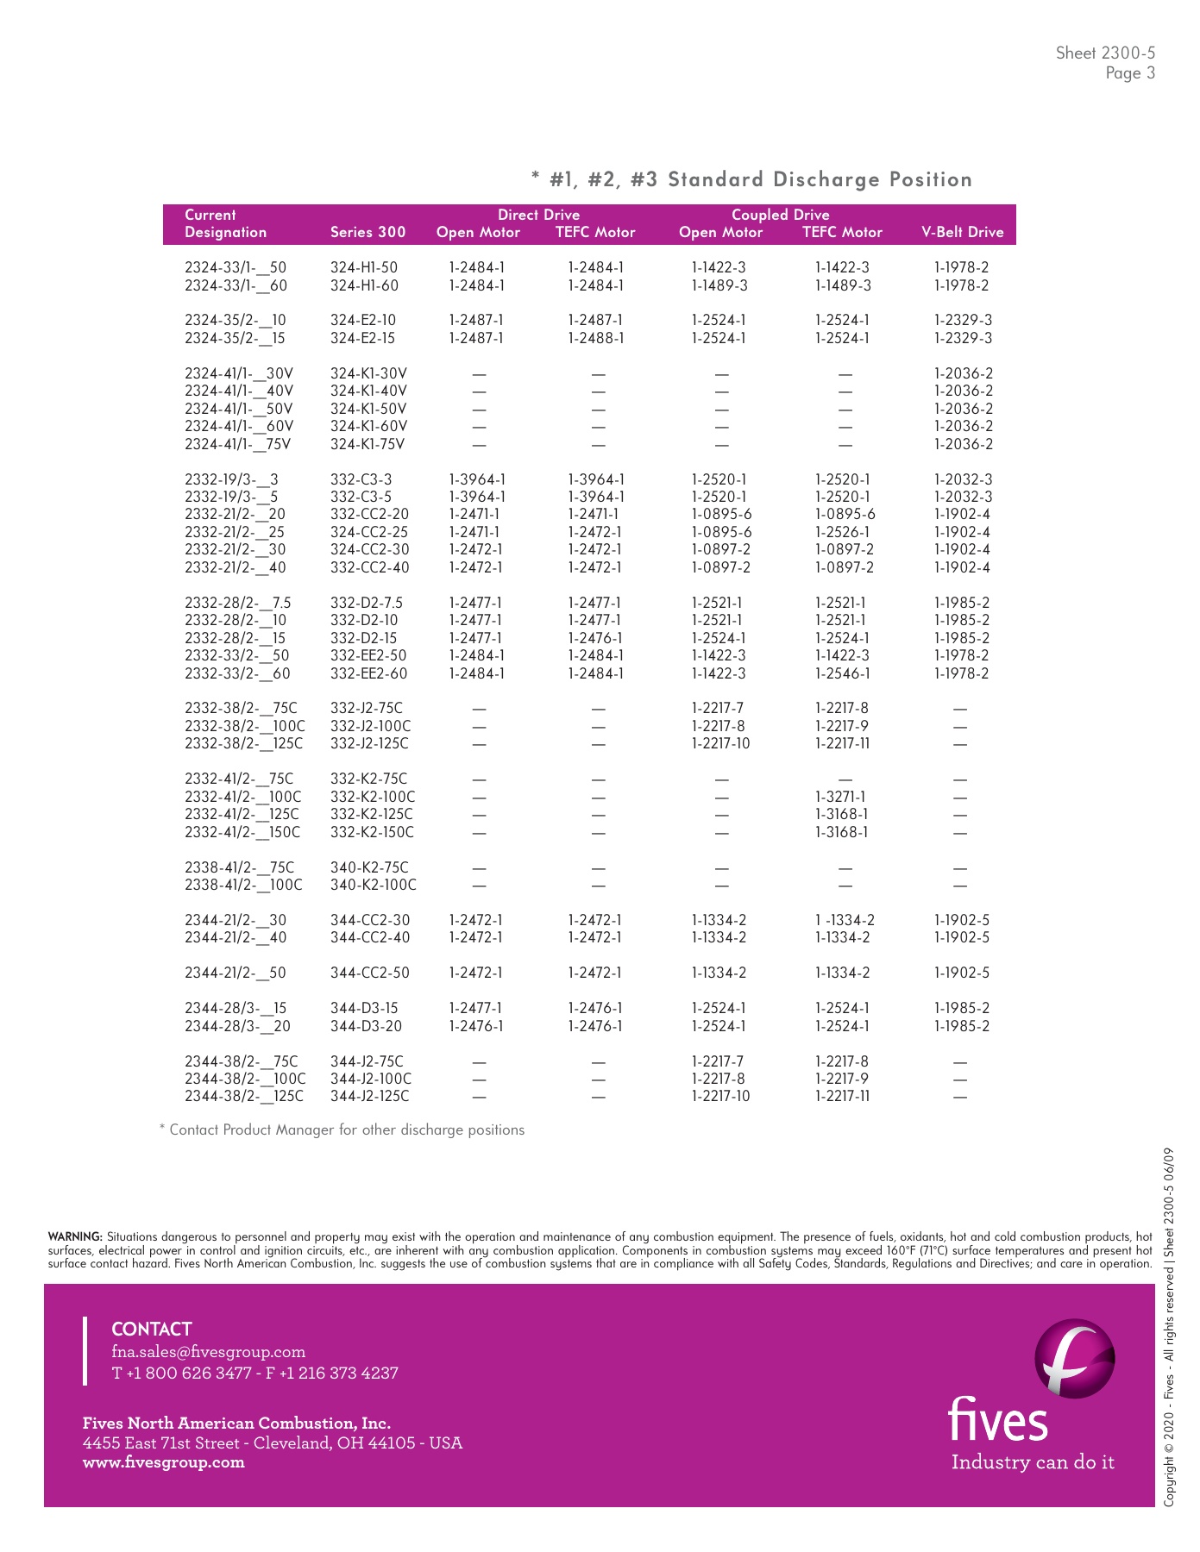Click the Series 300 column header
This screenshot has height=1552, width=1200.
[x=368, y=232]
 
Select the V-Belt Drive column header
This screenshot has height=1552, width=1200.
[x=962, y=232]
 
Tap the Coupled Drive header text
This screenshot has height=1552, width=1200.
[x=780, y=215]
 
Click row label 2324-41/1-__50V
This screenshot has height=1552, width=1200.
[x=238, y=409]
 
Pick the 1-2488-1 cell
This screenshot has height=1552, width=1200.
[x=595, y=338]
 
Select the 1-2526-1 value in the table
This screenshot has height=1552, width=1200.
[x=842, y=532]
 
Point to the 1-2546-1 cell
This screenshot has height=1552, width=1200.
[x=842, y=673]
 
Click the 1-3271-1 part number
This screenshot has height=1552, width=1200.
[x=840, y=797]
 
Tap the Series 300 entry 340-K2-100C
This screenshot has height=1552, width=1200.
[x=373, y=885]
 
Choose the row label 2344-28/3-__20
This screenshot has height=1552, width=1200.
[x=237, y=1026]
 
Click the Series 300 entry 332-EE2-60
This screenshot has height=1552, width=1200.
[x=368, y=673]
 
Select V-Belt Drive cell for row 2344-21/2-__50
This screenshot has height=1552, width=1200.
[x=961, y=973]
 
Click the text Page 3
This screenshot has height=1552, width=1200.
[x=1130, y=73]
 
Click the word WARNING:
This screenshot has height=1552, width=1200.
[x=75, y=1237]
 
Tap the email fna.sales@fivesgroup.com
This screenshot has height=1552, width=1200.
[x=209, y=1351]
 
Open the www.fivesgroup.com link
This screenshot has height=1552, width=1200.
[x=163, y=1461]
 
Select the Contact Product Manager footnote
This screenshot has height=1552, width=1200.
[x=342, y=1130]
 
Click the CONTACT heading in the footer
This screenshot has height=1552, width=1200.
[x=152, y=1329]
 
